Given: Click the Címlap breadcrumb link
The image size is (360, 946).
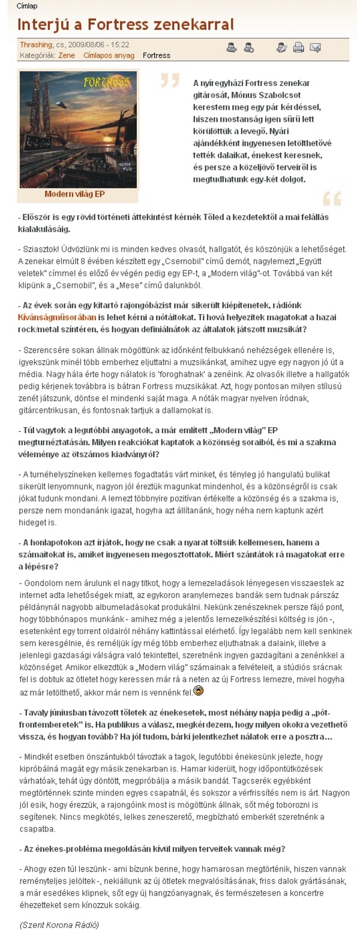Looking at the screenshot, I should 27,6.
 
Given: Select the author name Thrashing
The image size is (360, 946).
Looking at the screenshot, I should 36,45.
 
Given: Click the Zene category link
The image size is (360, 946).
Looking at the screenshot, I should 66,55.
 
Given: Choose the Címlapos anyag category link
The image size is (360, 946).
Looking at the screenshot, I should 109,55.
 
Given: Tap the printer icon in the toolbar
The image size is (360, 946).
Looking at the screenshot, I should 298,48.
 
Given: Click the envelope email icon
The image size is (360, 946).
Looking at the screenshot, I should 315,48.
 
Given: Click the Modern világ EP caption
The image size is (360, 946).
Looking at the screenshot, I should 74,194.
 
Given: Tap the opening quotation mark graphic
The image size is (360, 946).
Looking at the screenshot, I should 170,80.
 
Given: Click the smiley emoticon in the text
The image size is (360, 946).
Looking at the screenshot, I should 199,691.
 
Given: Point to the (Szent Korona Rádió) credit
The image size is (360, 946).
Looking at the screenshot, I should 59,924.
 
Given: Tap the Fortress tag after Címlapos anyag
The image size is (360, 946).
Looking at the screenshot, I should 157,55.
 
